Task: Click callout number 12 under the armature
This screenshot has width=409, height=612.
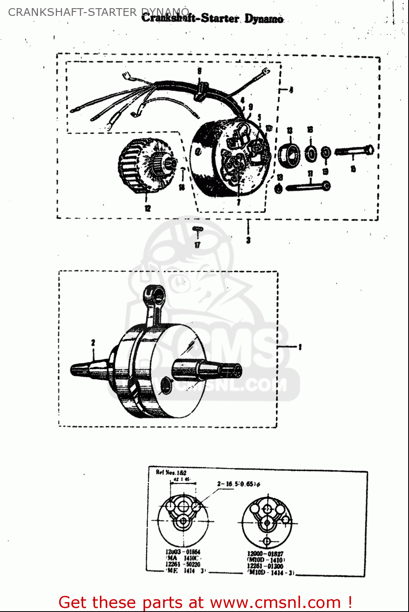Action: (148, 208)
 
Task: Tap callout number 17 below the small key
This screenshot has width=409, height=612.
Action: (197, 245)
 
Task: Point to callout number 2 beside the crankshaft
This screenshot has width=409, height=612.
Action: (93, 342)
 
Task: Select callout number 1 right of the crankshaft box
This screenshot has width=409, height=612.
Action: (300, 347)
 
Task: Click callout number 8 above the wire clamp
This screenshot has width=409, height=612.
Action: (199, 71)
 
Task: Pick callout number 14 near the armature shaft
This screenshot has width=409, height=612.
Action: (182, 186)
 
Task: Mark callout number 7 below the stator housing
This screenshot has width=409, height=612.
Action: (239, 202)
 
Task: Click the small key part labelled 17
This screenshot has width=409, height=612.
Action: (197, 231)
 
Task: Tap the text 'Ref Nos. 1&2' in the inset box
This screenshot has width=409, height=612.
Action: (171, 472)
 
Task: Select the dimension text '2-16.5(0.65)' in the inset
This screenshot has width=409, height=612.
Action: (239, 484)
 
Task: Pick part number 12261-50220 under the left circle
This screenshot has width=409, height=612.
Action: (183, 564)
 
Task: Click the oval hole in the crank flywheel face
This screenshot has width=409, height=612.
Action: (166, 385)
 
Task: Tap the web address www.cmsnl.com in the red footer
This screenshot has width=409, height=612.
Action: (276, 602)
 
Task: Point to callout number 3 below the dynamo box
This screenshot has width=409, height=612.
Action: (248, 240)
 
